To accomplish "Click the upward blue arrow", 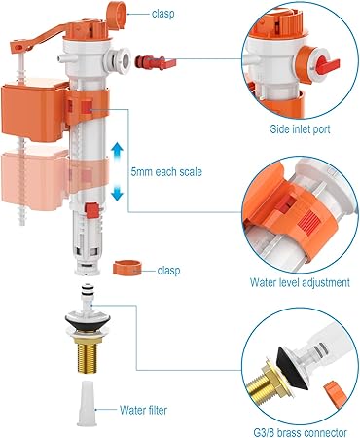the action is tap(117, 152).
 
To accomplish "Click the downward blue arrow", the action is tap(117, 192).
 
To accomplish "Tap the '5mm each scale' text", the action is tap(166, 171).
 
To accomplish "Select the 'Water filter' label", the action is tap(143, 410).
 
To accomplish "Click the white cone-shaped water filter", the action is tap(87, 403).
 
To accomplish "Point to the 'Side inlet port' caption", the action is tap(300, 129).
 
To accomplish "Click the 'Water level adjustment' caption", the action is tap(300, 282).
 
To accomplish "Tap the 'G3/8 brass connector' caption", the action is tap(300, 432).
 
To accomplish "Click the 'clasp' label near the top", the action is tap(163, 14).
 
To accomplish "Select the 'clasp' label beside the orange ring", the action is tap(168, 271).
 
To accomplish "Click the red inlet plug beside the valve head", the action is tap(155, 62).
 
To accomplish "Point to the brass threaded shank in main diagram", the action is tap(88, 355).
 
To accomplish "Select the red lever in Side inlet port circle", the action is tap(328, 63).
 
